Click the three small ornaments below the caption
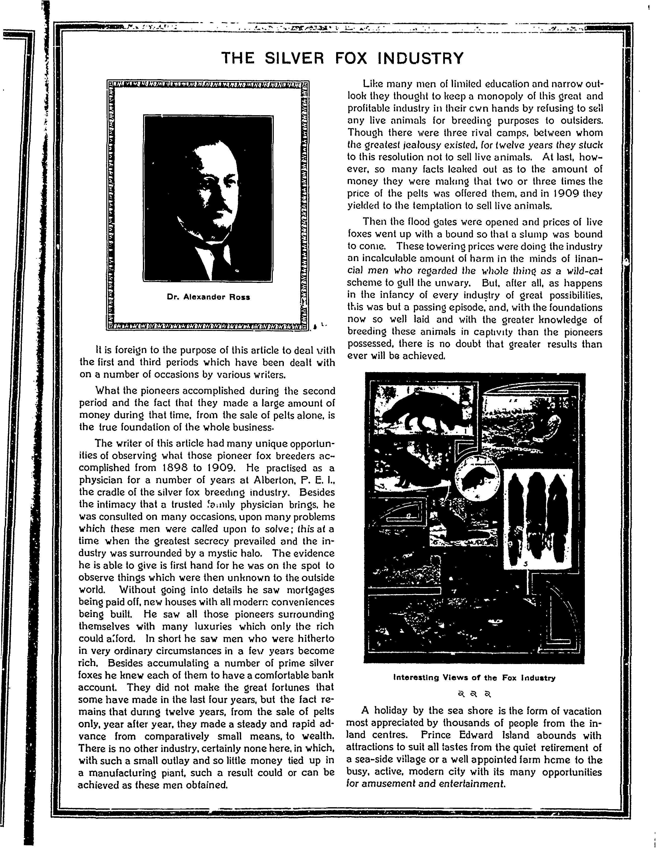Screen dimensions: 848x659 (x=474, y=693)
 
